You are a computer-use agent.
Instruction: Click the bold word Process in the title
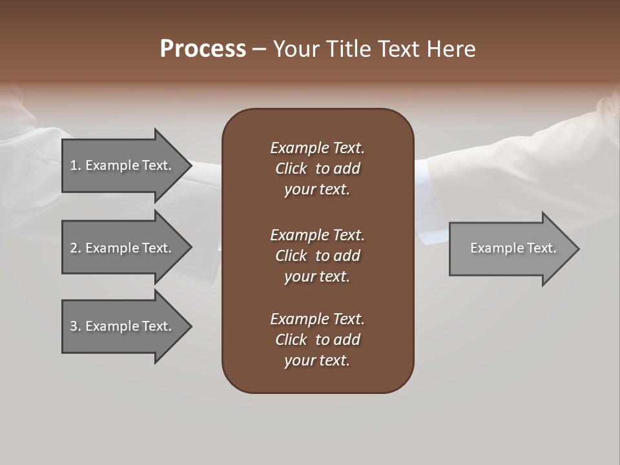pos(203,49)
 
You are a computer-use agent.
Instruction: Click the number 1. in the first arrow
pos(76,165)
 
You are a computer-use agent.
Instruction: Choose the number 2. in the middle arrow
pos(76,248)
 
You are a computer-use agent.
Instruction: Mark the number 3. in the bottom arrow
pos(76,326)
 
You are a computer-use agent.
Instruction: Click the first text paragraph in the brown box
pos(317,169)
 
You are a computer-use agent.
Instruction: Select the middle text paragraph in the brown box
pos(317,256)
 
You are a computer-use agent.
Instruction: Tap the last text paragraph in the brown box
pos(317,340)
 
